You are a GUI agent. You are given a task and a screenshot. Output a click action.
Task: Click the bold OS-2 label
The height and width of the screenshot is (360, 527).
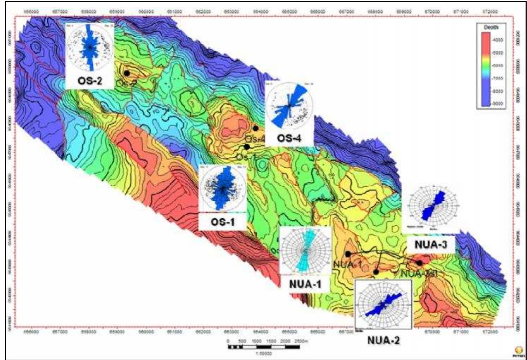click(90, 81)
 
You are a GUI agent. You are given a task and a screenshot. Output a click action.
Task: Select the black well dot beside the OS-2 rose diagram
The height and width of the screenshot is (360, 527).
click(127, 73)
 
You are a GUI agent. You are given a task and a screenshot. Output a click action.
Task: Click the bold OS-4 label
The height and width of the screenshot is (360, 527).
click(289, 138)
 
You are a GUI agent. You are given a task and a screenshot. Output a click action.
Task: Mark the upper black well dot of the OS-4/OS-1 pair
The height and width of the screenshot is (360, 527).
click(256, 128)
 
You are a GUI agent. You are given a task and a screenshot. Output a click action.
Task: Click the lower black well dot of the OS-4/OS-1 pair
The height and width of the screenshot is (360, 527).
click(247, 147)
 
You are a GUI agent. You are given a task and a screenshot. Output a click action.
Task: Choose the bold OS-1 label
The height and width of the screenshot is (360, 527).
click(222, 222)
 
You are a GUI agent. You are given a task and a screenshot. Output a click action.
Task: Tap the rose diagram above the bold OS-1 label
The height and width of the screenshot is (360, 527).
click(223, 188)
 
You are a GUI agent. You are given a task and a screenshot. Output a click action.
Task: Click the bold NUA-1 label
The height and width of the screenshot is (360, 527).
click(305, 284)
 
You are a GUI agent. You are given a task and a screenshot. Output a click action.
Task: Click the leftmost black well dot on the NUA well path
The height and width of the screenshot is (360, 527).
click(348, 254)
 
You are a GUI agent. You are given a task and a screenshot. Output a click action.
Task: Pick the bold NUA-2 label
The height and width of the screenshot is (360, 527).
click(383, 341)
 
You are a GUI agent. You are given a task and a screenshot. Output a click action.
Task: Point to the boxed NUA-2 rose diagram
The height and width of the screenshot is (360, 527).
click(383, 305)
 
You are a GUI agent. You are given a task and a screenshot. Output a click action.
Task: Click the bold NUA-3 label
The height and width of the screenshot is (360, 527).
click(431, 245)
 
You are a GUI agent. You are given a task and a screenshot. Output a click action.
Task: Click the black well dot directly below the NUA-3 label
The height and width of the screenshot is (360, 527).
click(419, 263)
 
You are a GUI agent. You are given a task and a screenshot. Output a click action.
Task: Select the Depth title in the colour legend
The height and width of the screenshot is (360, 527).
click(491, 27)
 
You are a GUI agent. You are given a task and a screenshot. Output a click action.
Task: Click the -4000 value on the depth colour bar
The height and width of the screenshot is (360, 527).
click(498, 40)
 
